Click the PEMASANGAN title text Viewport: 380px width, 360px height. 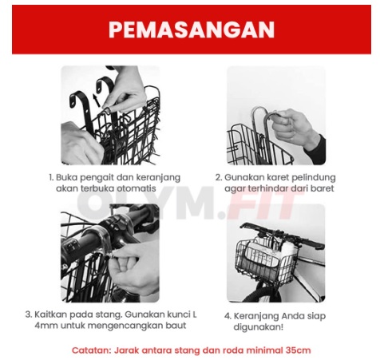tap(191, 30)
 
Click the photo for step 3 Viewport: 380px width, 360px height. tap(109, 253)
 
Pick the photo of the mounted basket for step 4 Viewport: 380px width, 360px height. tap(276, 253)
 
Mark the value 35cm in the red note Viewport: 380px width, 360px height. tap(297, 350)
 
